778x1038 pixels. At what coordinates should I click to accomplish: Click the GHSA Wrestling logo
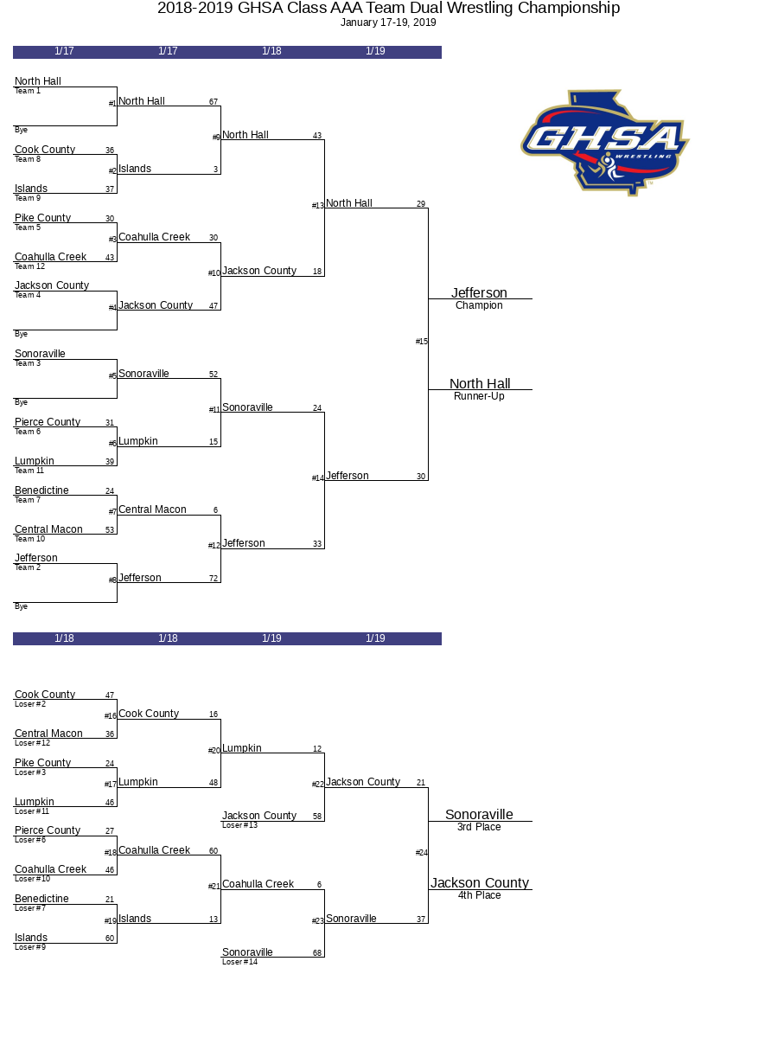coord(604,143)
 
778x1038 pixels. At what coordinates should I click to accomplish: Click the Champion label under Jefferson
coord(479,305)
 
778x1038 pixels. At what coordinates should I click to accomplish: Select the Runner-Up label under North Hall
coord(479,396)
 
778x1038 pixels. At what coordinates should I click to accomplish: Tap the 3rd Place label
coord(479,827)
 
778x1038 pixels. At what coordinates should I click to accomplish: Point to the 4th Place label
coord(479,895)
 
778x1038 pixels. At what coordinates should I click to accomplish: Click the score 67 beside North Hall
coord(214,102)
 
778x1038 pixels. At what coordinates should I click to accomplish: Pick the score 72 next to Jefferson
coord(214,579)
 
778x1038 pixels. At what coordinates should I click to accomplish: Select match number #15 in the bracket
coord(421,342)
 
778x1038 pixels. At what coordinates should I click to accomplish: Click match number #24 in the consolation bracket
coord(421,853)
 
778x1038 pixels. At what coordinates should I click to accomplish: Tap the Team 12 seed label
coord(29,266)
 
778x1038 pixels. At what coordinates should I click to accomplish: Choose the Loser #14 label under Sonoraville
coord(239,961)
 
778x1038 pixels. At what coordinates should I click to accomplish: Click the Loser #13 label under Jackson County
coord(239,825)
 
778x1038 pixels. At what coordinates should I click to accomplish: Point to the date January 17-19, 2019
coord(388,22)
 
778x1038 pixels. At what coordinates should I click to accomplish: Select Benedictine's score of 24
coord(110,491)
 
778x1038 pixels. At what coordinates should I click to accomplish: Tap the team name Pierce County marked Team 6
coord(48,422)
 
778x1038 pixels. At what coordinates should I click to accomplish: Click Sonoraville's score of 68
coord(317,953)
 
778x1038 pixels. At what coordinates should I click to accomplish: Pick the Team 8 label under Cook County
coord(28,159)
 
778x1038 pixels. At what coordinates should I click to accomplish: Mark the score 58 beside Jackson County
coord(317,817)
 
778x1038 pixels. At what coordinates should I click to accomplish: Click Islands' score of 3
coord(215,170)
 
